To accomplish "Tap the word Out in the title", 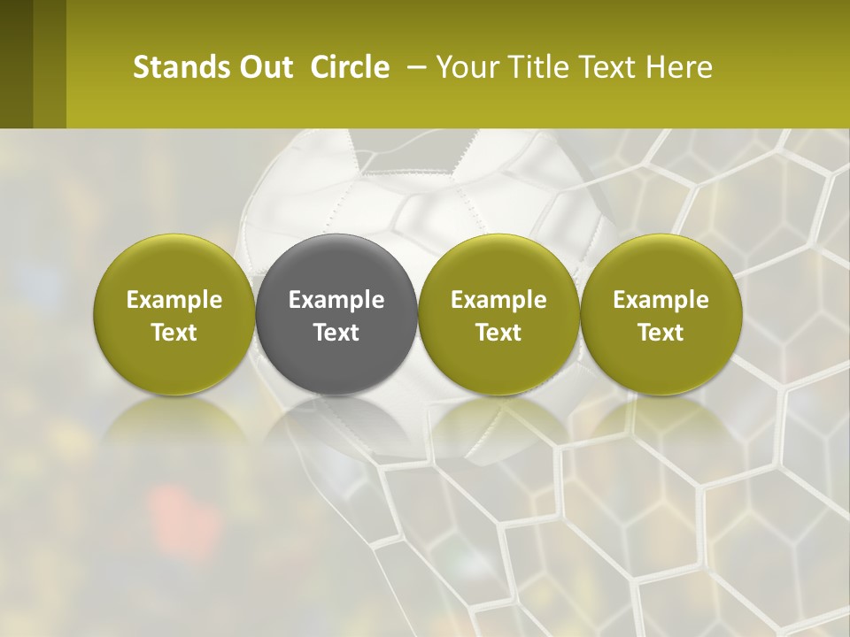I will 265,67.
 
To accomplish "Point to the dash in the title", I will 414,67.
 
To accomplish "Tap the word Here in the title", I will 678,67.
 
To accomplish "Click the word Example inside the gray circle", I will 336,300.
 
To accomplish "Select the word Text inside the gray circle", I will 336,333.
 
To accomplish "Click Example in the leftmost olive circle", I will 174,300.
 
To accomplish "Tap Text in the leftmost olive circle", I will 174,333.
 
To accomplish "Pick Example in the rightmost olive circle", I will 661,300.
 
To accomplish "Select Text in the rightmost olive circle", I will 661,333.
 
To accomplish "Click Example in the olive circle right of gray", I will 498,300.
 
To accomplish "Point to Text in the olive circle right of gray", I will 498,333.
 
